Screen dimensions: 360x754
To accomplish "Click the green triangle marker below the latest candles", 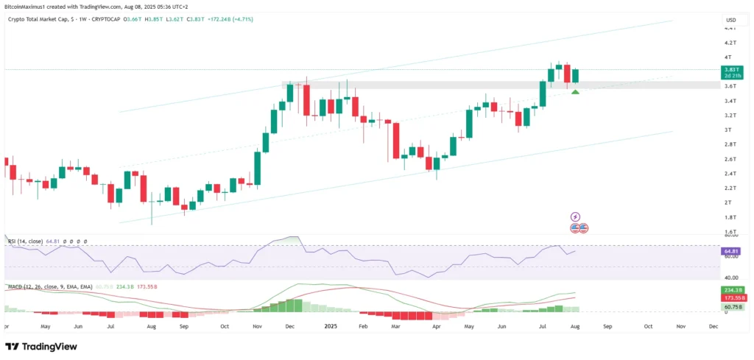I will pyautogui.click(x=575, y=91).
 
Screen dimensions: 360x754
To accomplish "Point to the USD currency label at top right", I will pyautogui.click(x=730, y=19).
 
